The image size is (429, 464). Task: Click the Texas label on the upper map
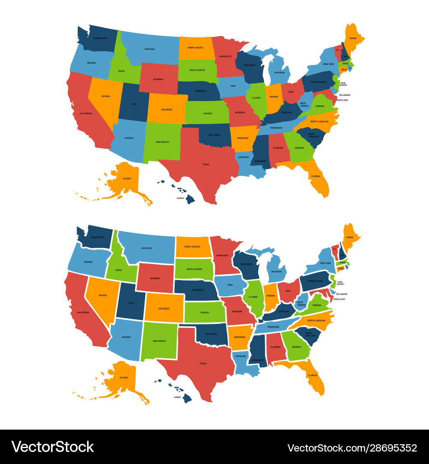tap(205, 165)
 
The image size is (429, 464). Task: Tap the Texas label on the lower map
tap(202, 363)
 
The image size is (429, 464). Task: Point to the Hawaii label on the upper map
tap(180, 198)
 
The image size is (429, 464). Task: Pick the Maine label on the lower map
tap(350, 237)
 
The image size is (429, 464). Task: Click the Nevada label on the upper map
tap(106, 96)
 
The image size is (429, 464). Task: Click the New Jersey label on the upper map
tap(343, 84)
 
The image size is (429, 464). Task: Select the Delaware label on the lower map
tap(342, 294)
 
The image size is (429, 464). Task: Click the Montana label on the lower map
tap(147, 248)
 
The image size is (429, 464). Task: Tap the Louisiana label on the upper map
tap(244, 157)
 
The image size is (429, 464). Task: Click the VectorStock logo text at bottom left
tap(53, 447)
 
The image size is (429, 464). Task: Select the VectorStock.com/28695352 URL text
tap(352, 448)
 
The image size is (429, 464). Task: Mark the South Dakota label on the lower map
tap(194, 269)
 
